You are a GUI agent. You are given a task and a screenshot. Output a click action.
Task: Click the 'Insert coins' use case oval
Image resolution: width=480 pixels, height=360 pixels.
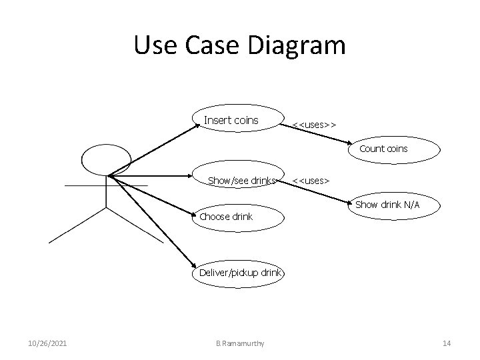[231, 121]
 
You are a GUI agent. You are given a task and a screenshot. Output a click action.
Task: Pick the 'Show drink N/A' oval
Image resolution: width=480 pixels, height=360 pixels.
[387, 205]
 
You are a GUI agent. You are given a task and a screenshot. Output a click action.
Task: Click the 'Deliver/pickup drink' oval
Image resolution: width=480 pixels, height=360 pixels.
[240, 273]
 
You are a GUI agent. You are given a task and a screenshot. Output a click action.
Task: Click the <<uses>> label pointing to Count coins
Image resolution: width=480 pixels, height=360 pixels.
[315, 125]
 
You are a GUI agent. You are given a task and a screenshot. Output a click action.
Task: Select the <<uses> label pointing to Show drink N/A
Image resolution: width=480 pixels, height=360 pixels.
[311, 180]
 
